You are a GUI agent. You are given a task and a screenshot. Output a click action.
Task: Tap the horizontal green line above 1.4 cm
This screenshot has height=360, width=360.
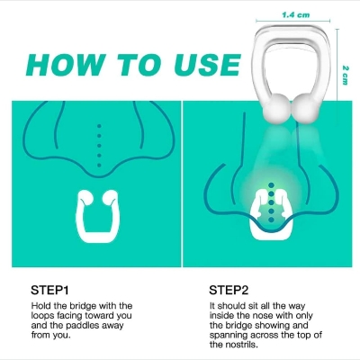point(296,23)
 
